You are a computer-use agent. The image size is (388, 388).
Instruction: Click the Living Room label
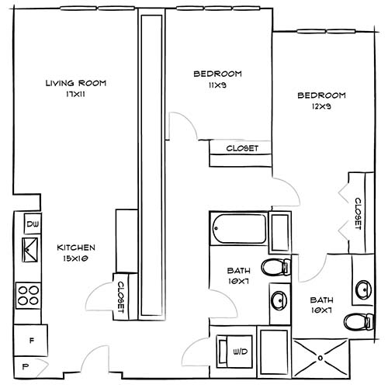pyautogui.click(x=75, y=83)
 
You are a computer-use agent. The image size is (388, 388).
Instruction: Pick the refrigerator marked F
pyautogui.click(x=31, y=339)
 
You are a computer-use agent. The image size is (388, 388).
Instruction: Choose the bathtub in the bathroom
pyautogui.click(x=238, y=230)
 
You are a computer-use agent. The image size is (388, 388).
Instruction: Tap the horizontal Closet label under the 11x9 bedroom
pyautogui.click(x=241, y=148)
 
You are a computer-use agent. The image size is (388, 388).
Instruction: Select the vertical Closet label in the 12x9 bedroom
pyautogui.click(x=358, y=213)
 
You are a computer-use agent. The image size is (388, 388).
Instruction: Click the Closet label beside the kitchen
pyautogui.click(x=122, y=295)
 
